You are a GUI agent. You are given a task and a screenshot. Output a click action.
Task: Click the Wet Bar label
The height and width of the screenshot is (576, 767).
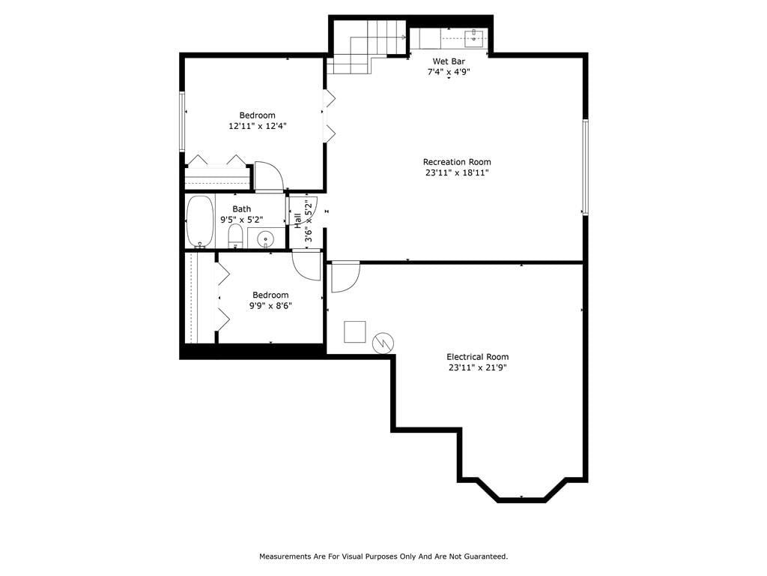pyautogui.click(x=449, y=61)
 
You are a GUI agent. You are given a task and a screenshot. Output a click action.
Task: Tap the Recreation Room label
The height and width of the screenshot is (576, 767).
pyautogui.click(x=457, y=162)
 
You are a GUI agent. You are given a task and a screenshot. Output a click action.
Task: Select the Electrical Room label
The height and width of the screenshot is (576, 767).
pyautogui.click(x=477, y=357)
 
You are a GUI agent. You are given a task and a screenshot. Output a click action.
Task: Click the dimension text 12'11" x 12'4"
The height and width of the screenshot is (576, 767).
pyautogui.click(x=258, y=126)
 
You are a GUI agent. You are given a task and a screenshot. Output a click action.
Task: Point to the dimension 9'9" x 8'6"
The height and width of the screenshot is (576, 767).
pyautogui.click(x=270, y=306)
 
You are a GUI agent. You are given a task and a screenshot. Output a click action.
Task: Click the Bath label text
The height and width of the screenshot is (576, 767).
pyautogui.click(x=242, y=209)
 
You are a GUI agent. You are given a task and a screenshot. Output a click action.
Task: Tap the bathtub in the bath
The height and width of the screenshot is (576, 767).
pyautogui.click(x=199, y=222)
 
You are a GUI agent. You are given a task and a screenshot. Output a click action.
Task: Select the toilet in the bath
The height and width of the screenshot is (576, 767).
pyautogui.click(x=235, y=236)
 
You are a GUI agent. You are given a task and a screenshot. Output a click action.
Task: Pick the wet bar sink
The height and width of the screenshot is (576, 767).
pyautogui.click(x=474, y=38)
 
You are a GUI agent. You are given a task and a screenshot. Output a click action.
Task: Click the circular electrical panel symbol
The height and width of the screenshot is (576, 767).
pyautogui.click(x=383, y=343)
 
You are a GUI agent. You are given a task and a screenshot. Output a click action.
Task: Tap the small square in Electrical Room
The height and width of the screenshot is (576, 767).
pyautogui.click(x=354, y=331)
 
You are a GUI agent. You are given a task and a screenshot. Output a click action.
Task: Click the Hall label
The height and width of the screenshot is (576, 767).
pyautogui.click(x=297, y=220)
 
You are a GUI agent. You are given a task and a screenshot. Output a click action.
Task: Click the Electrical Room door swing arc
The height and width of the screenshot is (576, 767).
pyautogui.click(x=352, y=283)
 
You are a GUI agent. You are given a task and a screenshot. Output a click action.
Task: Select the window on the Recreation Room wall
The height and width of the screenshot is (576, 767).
pyautogui.click(x=584, y=166)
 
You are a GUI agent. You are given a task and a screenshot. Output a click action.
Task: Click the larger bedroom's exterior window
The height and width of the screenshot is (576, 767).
pyautogui.click(x=182, y=121)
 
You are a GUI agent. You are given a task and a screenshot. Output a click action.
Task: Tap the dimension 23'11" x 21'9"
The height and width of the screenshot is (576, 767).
pyautogui.click(x=477, y=367)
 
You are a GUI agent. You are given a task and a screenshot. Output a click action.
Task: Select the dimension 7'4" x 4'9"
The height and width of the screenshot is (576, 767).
pyautogui.click(x=449, y=72)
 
